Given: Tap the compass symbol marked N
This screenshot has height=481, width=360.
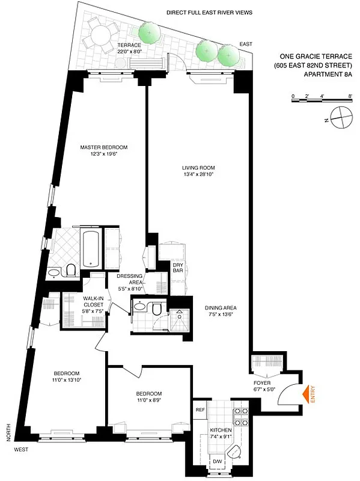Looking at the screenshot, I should pyautogui.click(x=340, y=115).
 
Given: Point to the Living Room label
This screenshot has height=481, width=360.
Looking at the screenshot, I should pyautogui.click(x=198, y=168).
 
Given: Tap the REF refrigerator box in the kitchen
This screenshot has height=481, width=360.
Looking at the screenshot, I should pyautogui.click(x=200, y=409).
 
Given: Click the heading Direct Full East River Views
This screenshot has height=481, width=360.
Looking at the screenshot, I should pyautogui.click(x=209, y=12).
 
